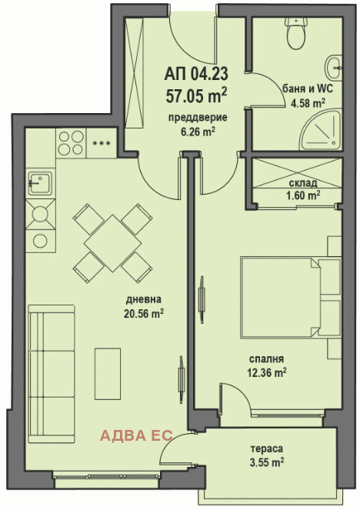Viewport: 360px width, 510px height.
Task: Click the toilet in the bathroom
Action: (x=295, y=32)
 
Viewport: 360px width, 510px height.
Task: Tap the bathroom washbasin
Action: (x=334, y=68)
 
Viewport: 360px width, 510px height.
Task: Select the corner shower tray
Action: (x=320, y=131)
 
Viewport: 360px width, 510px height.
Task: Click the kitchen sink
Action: (x=40, y=183)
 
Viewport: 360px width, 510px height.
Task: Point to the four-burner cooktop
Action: (x=70, y=142)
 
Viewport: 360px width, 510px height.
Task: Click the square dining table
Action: (x=112, y=243)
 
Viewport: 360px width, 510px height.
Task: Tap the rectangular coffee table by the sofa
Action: (x=108, y=373)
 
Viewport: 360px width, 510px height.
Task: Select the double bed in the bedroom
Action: (x=290, y=297)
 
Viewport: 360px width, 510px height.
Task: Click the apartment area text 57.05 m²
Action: (x=196, y=95)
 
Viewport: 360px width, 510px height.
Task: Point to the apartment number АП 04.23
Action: (x=196, y=75)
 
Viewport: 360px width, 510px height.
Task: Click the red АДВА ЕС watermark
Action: (x=136, y=435)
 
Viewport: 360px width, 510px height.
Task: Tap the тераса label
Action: (x=266, y=448)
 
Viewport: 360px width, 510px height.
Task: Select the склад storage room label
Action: (x=303, y=183)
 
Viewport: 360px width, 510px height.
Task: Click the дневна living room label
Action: (x=143, y=299)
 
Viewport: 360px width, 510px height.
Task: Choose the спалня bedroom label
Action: (x=266, y=358)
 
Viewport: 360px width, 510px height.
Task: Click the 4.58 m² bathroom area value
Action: (x=308, y=103)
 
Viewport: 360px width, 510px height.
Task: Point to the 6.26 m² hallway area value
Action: (x=198, y=132)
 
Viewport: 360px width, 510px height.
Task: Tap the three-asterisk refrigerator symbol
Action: (x=102, y=143)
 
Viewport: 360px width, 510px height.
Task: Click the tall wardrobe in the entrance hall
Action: (x=135, y=72)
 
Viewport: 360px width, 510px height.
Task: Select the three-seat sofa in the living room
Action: (x=52, y=374)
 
